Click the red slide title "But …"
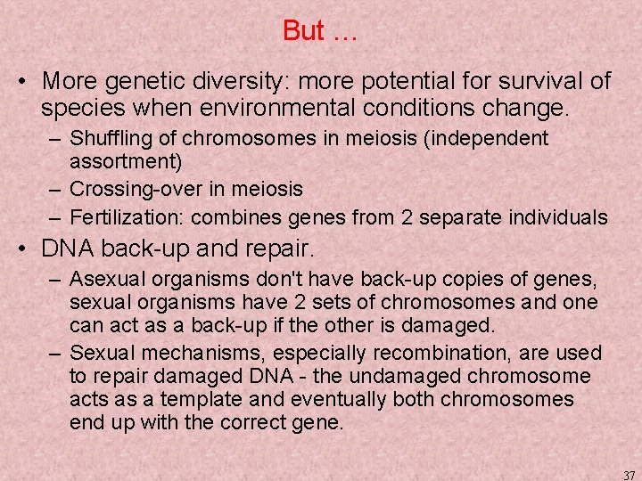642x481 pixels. click(319, 31)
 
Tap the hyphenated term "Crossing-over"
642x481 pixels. click(125, 190)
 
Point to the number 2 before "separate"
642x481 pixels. click(411, 217)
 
